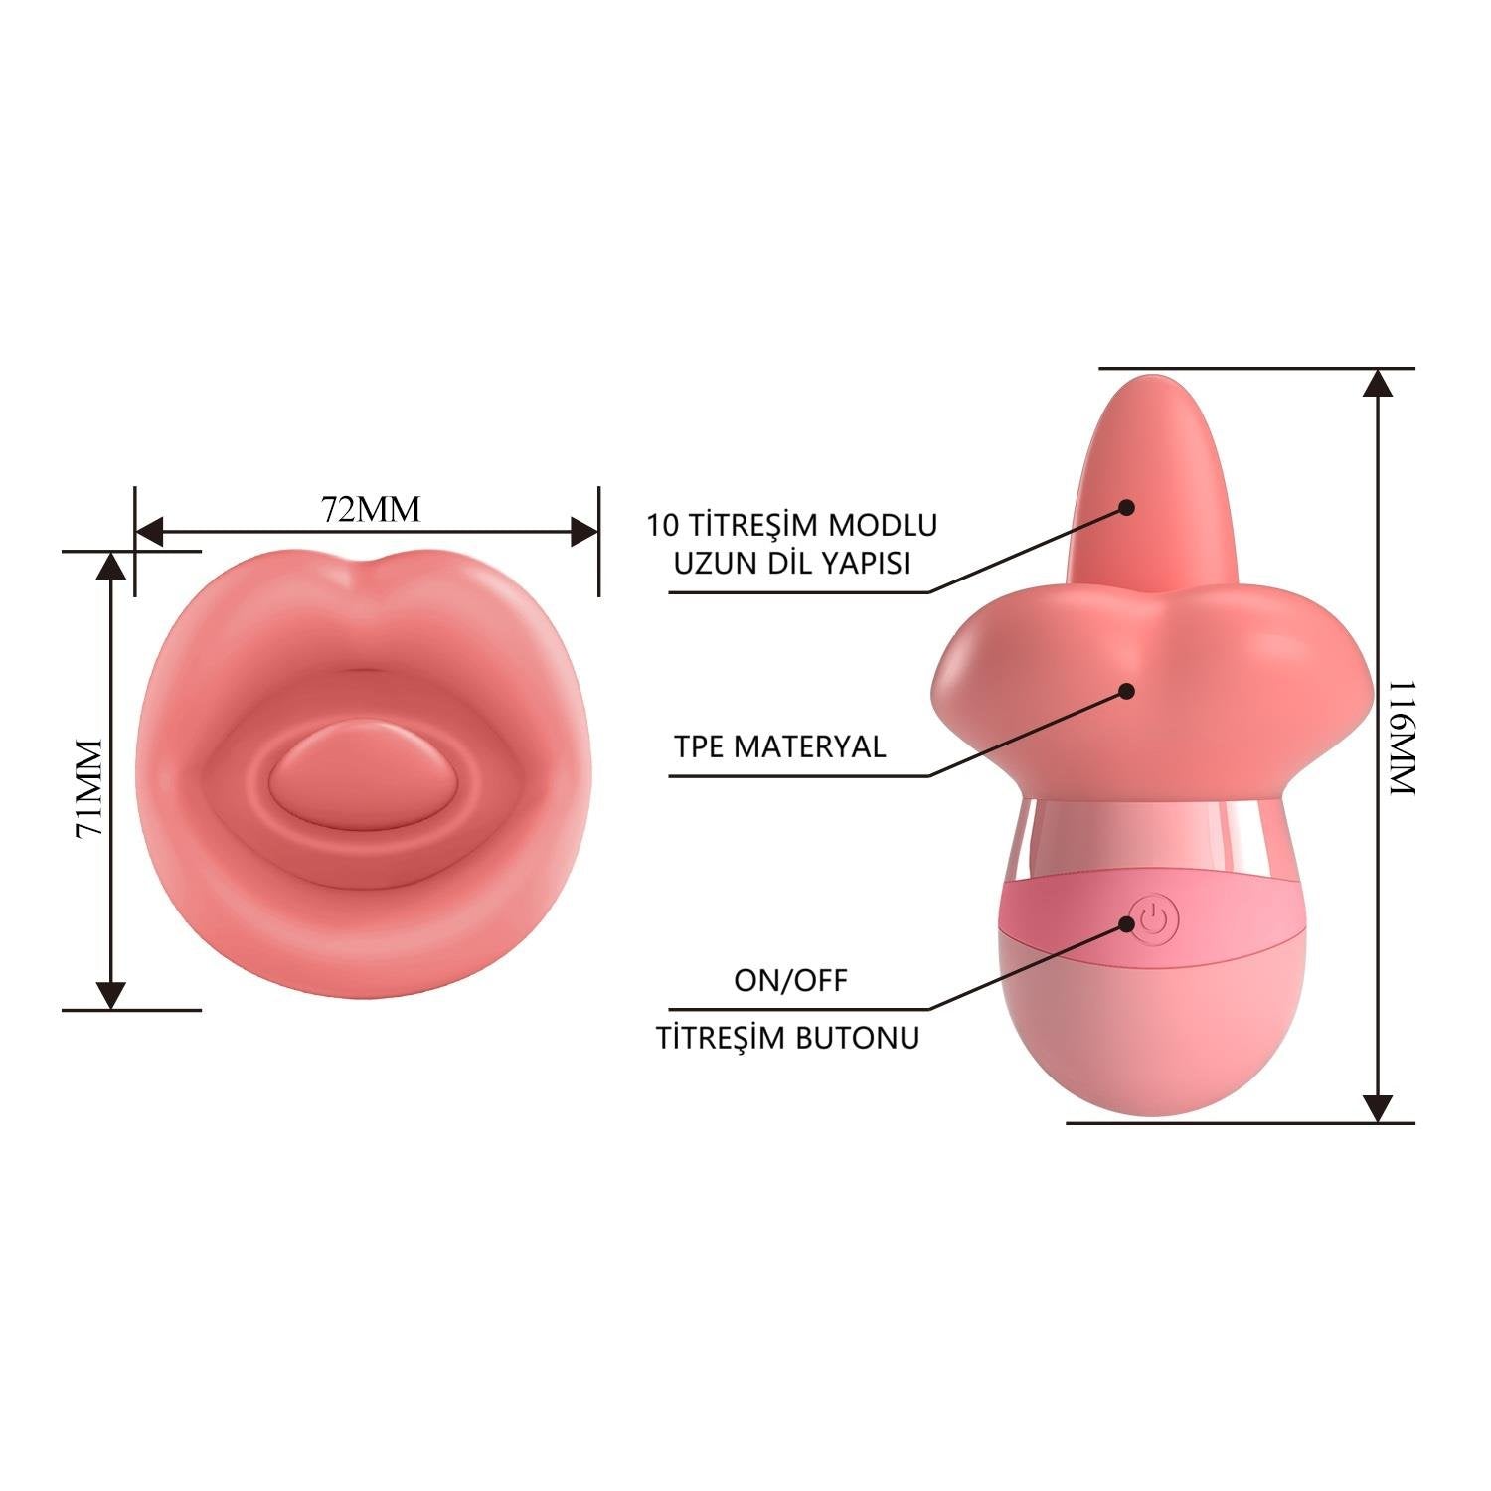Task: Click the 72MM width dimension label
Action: pyautogui.click(x=371, y=509)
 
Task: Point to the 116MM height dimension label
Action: pyautogui.click(x=1401, y=737)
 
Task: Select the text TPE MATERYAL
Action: pyautogui.click(x=780, y=746)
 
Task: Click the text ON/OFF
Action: pyautogui.click(x=791, y=981)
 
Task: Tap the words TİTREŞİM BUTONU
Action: pyautogui.click(x=788, y=1038)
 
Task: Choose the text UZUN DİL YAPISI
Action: pyautogui.click(x=792, y=563)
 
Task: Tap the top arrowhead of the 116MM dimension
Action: pyautogui.click(x=1377, y=383)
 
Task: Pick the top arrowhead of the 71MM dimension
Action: pyautogui.click(x=111, y=566)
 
